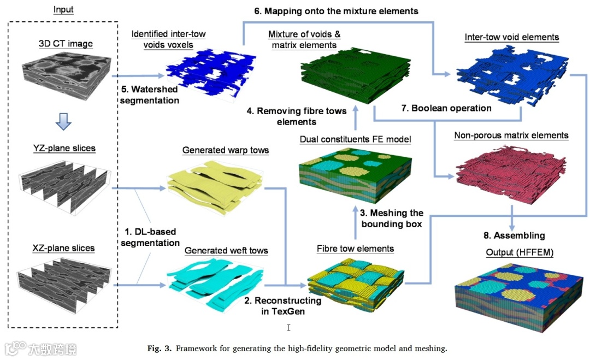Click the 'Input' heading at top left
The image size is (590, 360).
tap(63, 9)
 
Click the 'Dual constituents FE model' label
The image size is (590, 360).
tap(355, 139)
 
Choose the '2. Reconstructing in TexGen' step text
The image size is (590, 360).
tap(282, 306)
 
